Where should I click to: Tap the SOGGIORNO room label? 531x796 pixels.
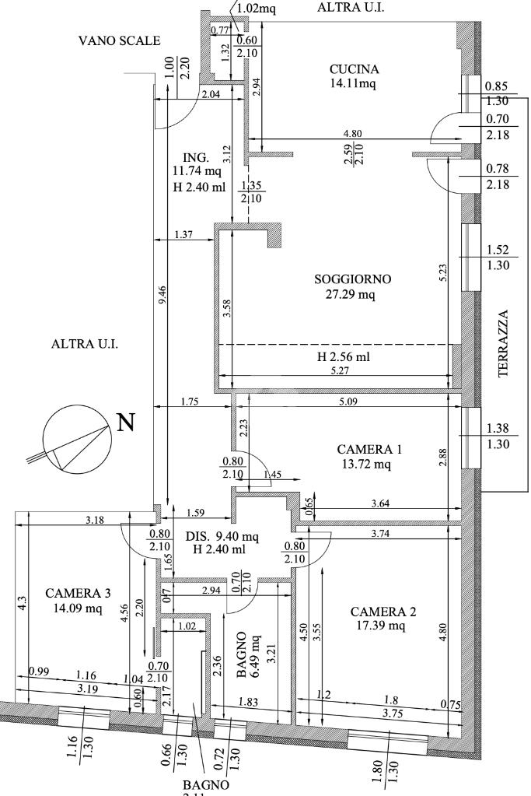[353, 279]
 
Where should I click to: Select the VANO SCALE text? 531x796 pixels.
[119, 41]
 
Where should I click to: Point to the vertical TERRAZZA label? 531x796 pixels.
[504, 343]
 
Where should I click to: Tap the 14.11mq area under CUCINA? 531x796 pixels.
[352, 85]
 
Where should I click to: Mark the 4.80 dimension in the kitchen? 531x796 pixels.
[353, 133]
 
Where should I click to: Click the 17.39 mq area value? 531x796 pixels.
[380, 626]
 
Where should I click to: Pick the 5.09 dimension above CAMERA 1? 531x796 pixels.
[350, 403]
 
